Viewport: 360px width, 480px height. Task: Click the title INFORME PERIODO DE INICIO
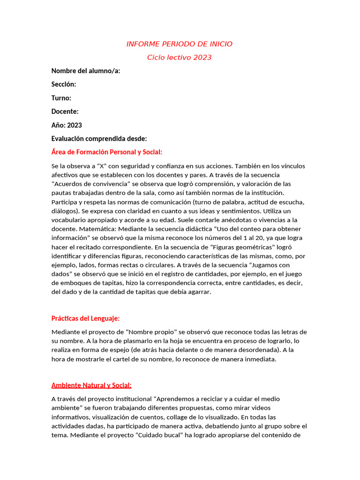click(x=180, y=44)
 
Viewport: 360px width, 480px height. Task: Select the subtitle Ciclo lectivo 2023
click(x=180, y=58)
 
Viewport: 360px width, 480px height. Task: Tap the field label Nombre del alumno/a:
click(x=86, y=71)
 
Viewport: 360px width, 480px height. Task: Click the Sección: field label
click(x=64, y=84)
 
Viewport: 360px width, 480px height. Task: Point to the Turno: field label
click(x=61, y=98)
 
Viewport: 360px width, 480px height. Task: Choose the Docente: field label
click(x=65, y=112)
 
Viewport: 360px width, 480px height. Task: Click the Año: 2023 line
click(x=67, y=125)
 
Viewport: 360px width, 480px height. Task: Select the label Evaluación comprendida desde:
click(x=99, y=139)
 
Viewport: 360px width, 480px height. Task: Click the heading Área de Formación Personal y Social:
click(x=106, y=152)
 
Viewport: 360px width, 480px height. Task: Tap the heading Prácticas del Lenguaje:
click(x=86, y=319)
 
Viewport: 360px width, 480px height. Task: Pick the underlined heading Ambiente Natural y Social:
click(x=91, y=385)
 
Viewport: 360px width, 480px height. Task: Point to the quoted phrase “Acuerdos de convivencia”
click(x=87, y=184)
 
